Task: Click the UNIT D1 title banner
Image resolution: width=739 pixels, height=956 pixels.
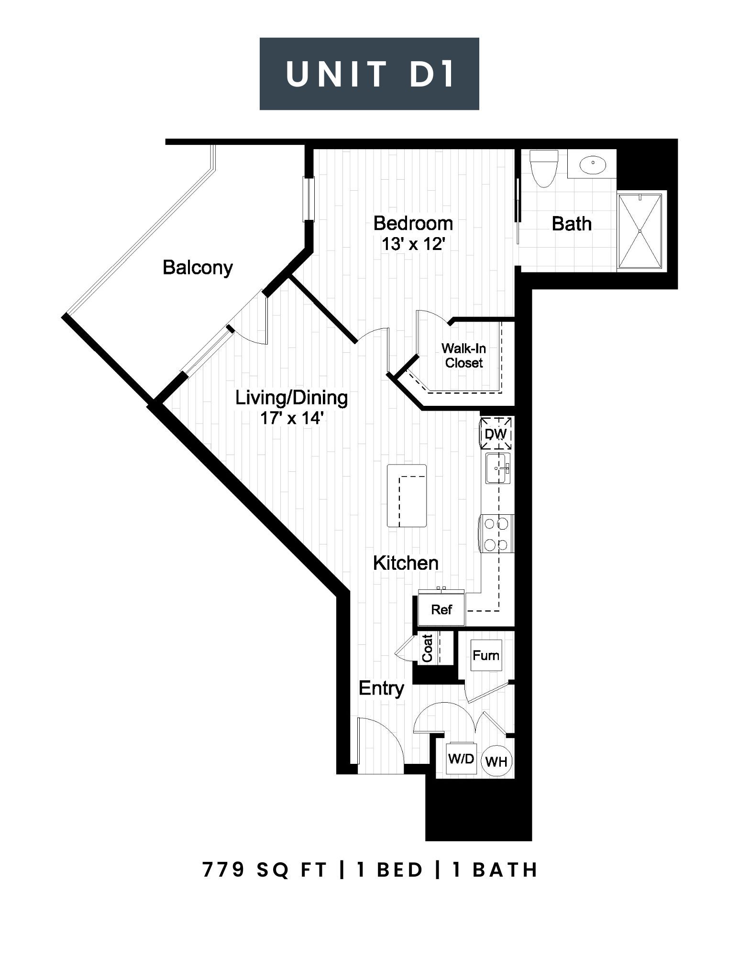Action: pyautogui.click(x=369, y=74)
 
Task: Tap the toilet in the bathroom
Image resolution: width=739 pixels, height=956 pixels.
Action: pyautogui.click(x=544, y=168)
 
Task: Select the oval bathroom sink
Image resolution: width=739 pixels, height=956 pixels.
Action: pyautogui.click(x=593, y=164)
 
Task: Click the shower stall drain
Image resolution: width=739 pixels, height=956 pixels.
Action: pyautogui.click(x=640, y=231)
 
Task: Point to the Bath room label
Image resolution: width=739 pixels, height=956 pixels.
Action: pyautogui.click(x=572, y=224)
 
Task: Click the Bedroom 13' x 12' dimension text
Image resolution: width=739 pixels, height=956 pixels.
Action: pyautogui.click(x=414, y=244)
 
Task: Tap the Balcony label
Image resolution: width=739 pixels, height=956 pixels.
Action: pyautogui.click(x=198, y=267)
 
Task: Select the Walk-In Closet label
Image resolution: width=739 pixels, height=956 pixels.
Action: pyautogui.click(x=463, y=356)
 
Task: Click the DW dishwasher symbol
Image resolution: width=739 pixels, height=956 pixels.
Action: pyautogui.click(x=496, y=434)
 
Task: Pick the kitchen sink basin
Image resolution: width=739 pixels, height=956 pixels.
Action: pyautogui.click(x=498, y=468)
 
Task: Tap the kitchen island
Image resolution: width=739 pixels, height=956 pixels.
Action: pyautogui.click(x=407, y=496)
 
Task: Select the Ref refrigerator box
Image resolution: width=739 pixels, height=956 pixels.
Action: pyautogui.click(x=441, y=609)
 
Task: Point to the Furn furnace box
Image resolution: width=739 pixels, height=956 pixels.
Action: pyautogui.click(x=486, y=655)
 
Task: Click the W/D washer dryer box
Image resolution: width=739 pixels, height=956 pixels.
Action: pyautogui.click(x=461, y=759)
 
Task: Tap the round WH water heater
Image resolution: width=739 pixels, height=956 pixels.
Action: pyautogui.click(x=496, y=761)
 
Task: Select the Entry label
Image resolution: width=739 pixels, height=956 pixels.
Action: pyautogui.click(x=381, y=689)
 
